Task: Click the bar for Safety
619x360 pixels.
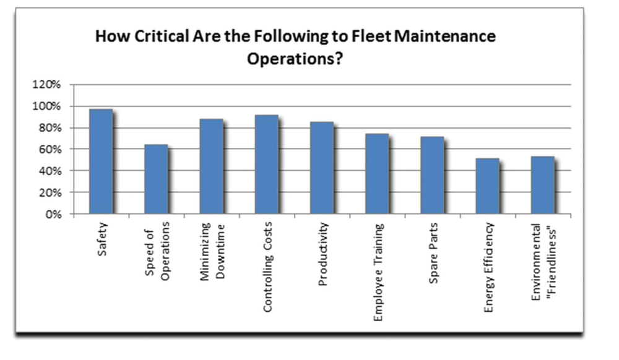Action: pyautogui.click(x=101, y=162)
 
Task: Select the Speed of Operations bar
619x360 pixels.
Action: pyautogui.click(x=156, y=179)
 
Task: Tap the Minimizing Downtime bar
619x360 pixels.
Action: pyautogui.click(x=211, y=166)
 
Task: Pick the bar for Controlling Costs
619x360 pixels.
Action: pyautogui.click(x=266, y=165)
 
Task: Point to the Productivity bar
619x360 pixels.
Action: pyautogui.click(x=321, y=168)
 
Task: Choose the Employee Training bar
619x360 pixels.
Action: pyautogui.click(x=376, y=174)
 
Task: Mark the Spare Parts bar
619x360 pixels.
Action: pyautogui.click(x=431, y=176)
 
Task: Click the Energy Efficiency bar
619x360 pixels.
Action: pyautogui.click(x=487, y=186)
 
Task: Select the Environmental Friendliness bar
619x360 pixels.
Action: pyautogui.click(x=542, y=186)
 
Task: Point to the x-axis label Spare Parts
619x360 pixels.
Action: pyautogui.click(x=433, y=253)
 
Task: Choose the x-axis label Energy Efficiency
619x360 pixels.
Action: pyautogui.click(x=488, y=268)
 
